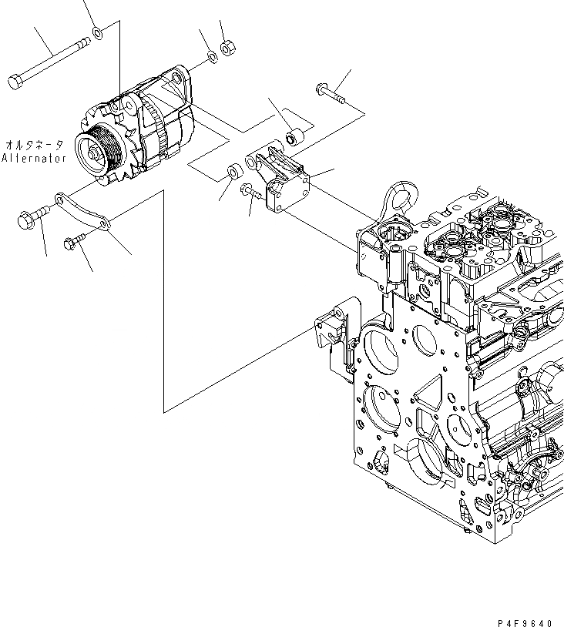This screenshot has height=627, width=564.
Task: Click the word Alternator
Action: (x=34, y=158)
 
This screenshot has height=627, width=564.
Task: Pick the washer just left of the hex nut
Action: (x=212, y=59)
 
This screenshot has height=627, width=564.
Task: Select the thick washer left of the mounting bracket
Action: (x=233, y=170)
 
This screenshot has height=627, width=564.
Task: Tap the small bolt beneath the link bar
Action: (x=73, y=243)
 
